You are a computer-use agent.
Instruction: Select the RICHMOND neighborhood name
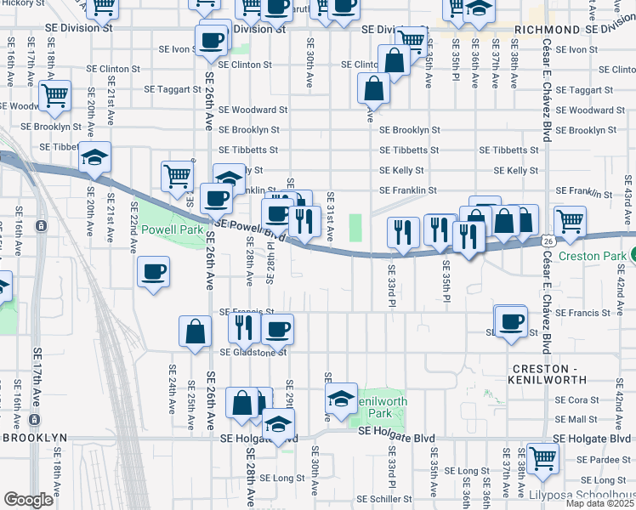click(547, 29)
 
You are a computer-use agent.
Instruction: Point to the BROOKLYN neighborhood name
click(34, 437)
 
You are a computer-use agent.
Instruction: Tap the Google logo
click(28, 500)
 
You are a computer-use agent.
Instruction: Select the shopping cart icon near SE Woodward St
click(56, 96)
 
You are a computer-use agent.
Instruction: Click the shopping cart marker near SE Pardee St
click(542, 457)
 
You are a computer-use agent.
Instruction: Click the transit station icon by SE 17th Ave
click(40, 226)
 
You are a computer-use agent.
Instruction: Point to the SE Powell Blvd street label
click(247, 227)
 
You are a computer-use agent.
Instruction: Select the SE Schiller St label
click(384, 499)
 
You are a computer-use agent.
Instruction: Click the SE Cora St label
click(583, 399)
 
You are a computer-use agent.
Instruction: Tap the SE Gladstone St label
click(253, 352)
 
